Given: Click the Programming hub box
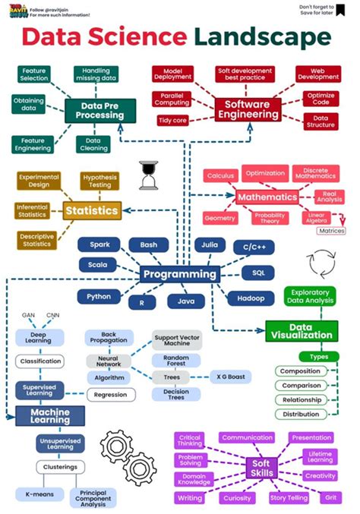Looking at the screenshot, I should [x=178, y=274].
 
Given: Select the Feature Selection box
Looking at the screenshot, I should [x=34, y=74].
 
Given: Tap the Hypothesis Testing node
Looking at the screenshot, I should [x=99, y=181].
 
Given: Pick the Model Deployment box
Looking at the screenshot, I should [x=173, y=73].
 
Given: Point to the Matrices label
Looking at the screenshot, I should [x=331, y=231].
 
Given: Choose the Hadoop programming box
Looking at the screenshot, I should [x=246, y=298].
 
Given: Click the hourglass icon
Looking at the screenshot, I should [x=148, y=175].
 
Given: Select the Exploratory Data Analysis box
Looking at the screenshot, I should [x=309, y=296].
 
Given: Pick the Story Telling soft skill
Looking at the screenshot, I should [x=289, y=498].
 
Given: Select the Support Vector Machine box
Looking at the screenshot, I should [x=177, y=341].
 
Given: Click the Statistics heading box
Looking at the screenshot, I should [x=92, y=210].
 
